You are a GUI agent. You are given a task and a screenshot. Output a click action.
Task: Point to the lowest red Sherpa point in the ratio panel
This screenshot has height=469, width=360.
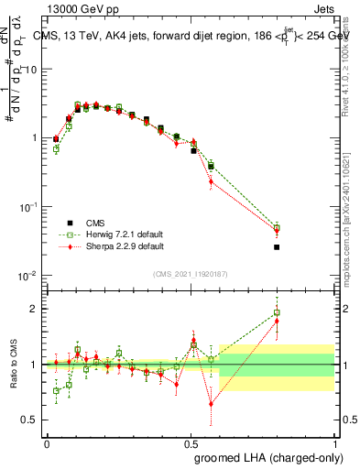click(212, 403)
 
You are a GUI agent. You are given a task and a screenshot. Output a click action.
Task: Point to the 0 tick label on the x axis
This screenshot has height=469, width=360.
click(47, 442)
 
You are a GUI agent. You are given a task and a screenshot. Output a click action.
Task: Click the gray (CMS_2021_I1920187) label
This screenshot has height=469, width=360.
click(191, 273)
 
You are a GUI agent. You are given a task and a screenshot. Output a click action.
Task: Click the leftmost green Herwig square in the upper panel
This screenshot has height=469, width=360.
click(56, 148)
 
